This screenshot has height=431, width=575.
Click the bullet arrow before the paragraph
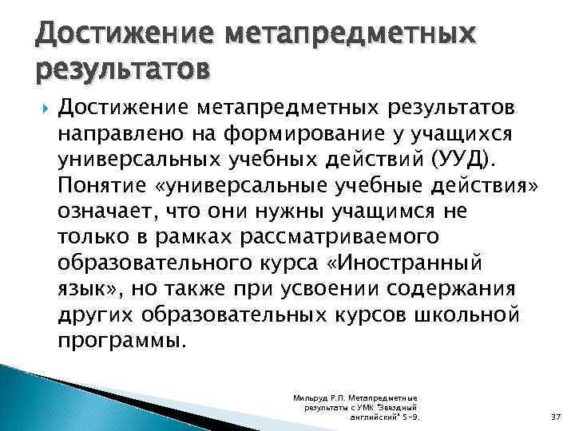pyautogui.click(x=42, y=107)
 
